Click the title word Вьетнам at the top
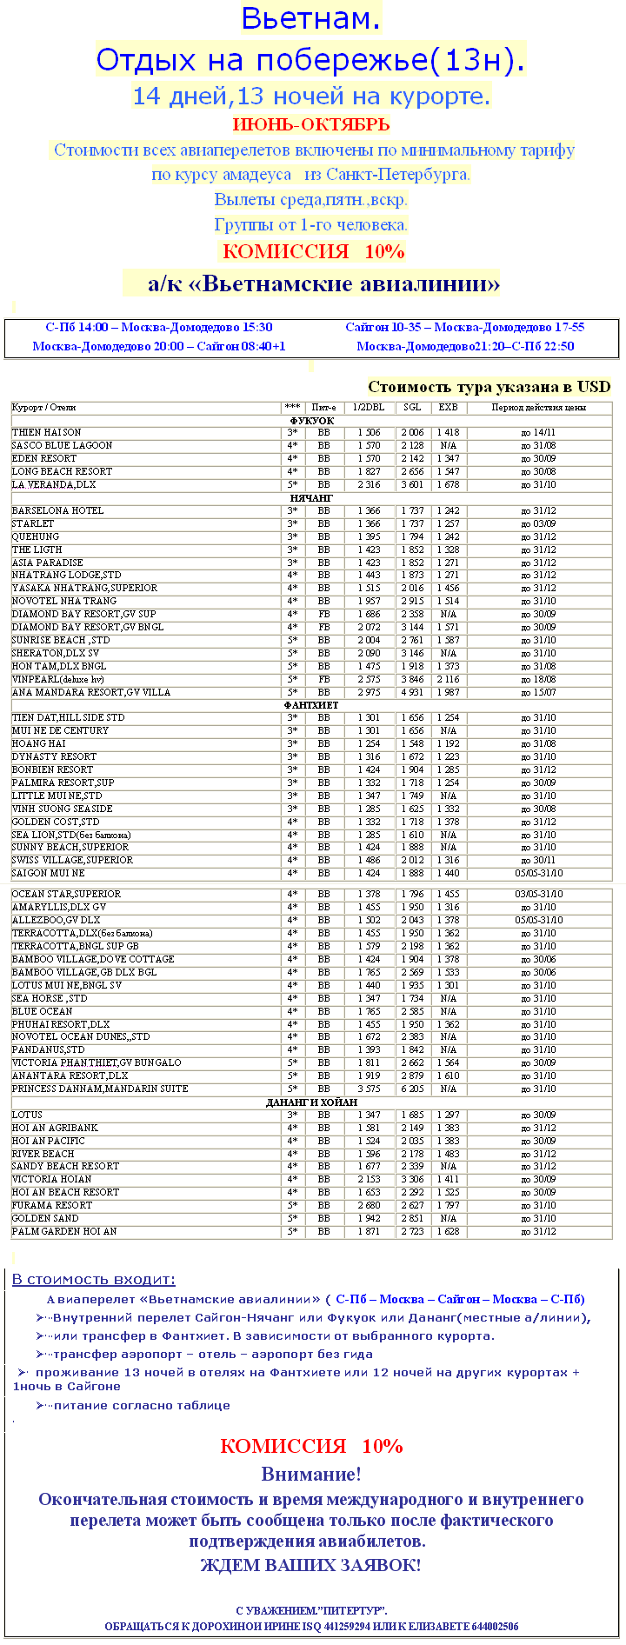click(x=310, y=18)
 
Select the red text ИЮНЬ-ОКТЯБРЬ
click(x=311, y=124)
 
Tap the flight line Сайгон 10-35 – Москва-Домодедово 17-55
click(x=464, y=328)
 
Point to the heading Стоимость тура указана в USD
click(x=489, y=387)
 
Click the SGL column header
click(x=412, y=407)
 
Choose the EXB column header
click(x=448, y=407)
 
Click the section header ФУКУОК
click(x=311, y=420)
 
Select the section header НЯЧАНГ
click(x=311, y=497)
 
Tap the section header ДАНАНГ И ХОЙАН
click(x=311, y=1102)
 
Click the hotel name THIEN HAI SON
click(x=47, y=432)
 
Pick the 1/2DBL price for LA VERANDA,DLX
click(x=369, y=484)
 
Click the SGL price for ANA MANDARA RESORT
click(x=412, y=692)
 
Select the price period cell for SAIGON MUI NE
click(x=538, y=873)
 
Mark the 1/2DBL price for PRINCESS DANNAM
click(x=369, y=1089)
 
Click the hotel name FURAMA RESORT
click(x=52, y=1205)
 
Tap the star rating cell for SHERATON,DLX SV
click(x=292, y=653)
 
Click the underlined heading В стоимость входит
click(x=93, y=1279)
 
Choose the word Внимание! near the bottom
click(x=311, y=1474)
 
